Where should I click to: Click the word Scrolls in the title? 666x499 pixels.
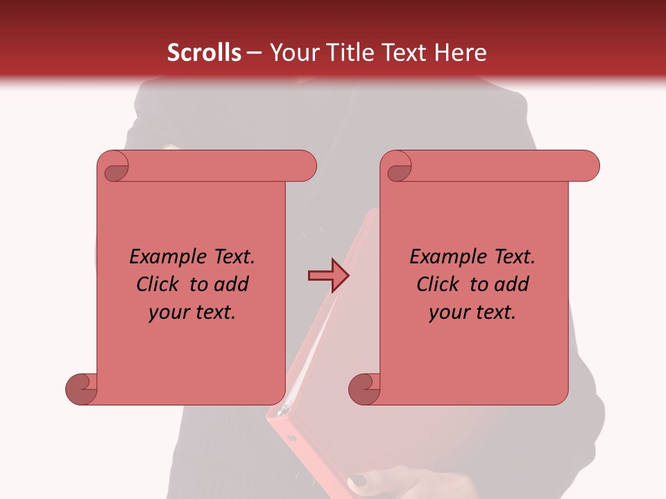point(205,53)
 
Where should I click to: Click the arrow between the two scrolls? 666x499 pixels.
point(327,276)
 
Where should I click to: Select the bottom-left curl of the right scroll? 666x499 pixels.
point(365,389)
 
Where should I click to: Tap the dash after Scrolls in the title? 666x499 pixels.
point(254,53)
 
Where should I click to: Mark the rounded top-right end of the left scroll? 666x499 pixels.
point(305,166)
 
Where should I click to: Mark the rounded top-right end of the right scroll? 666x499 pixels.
point(588,166)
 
